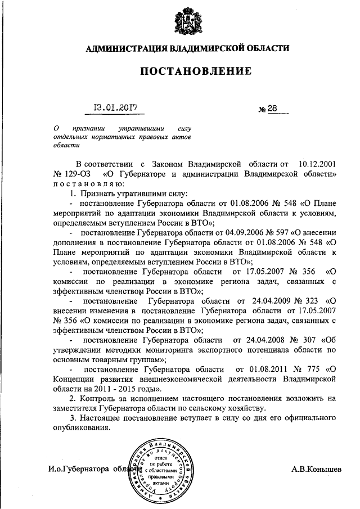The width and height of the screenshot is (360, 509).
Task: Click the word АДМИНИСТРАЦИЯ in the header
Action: pyautogui.click(x=123, y=49)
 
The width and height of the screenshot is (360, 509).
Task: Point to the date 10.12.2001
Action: pyautogui.click(x=316, y=164)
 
